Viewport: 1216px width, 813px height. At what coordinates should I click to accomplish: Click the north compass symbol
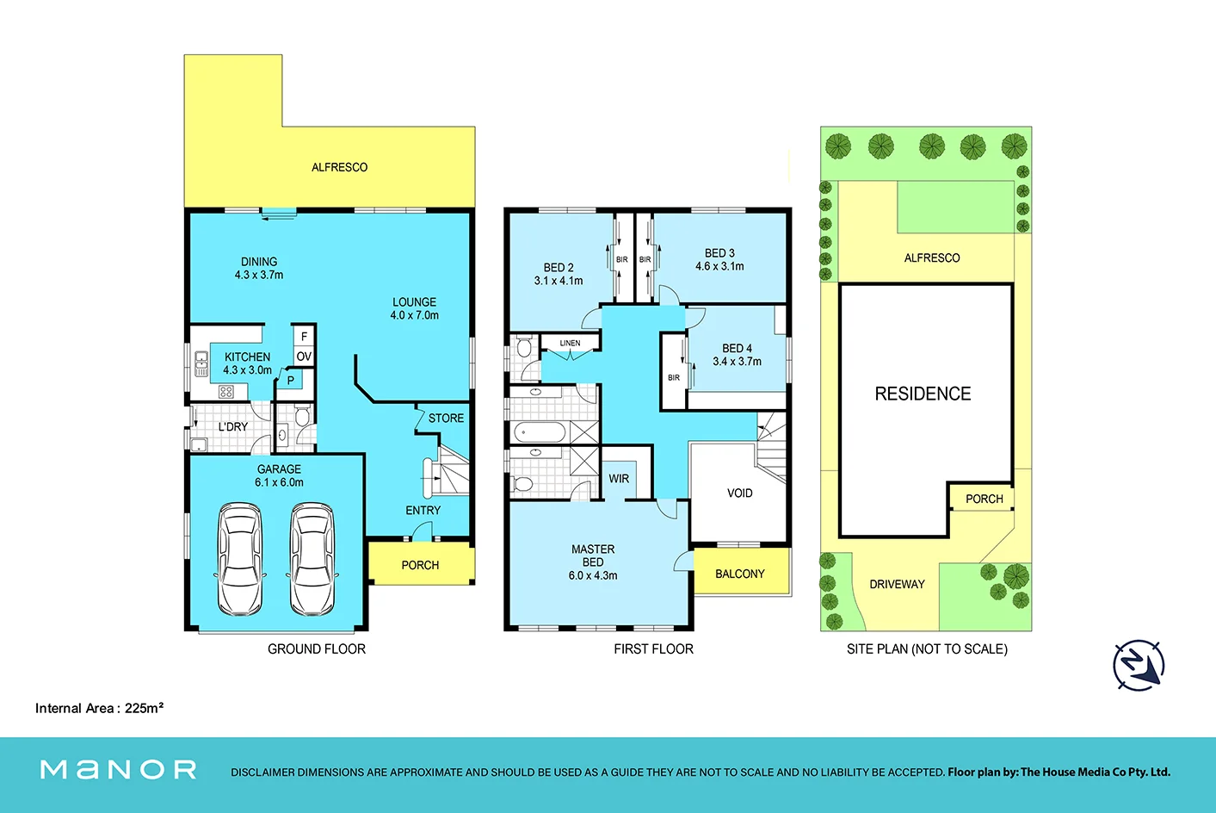tap(1139, 665)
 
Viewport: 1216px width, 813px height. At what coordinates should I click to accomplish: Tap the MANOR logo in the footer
tap(119, 770)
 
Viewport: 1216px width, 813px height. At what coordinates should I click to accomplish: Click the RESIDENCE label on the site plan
tap(923, 394)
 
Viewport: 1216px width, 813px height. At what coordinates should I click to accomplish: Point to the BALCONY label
tap(740, 574)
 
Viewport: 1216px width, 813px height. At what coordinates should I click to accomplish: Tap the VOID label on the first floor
tap(739, 493)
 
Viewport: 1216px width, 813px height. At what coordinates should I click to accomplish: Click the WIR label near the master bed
tap(619, 479)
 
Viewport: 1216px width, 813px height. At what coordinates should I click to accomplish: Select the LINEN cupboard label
tap(570, 344)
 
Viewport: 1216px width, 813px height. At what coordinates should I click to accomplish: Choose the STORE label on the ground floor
tap(446, 419)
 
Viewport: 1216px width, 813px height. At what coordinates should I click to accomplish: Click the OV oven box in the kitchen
tap(304, 357)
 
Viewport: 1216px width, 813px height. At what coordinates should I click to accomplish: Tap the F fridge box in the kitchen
tap(304, 336)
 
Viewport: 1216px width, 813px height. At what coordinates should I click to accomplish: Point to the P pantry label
tap(291, 381)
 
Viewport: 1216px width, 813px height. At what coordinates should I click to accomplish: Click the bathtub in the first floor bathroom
tap(539, 433)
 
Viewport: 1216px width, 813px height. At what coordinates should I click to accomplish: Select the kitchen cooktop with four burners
tap(225, 392)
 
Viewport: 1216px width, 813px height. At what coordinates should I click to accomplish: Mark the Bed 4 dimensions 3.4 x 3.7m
tap(737, 362)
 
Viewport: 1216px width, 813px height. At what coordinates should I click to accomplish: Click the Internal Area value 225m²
tap(144, 708)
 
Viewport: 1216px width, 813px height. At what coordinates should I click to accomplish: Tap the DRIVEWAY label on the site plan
tap(897, 585)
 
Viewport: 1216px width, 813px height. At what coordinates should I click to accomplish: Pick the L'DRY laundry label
tap(233, 427)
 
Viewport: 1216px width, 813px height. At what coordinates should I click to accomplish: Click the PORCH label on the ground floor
tap(420, 565)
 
